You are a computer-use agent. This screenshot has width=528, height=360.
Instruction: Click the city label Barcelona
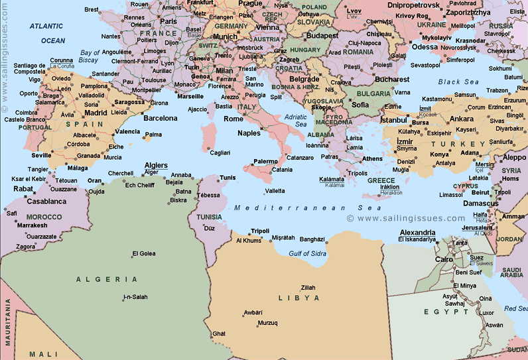[x=161, y=118]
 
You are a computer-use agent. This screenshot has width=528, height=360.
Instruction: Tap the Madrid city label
[x=96, y=113]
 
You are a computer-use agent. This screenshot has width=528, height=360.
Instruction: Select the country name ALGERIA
[x=107, y=280]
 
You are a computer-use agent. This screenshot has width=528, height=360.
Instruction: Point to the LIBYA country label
[x=298, y=298]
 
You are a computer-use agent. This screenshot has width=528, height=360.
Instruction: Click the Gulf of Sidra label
[x=307, y=253]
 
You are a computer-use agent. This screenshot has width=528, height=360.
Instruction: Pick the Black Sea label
[x=458, y=82]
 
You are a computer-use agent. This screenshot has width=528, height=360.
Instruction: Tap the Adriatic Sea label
[x=296, y=121]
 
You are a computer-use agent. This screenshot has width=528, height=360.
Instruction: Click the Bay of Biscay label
[x=89, y=56]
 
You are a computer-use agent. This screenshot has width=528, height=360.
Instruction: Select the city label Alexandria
[x=417, y=233]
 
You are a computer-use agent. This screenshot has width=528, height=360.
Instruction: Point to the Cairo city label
[x=444, y=259]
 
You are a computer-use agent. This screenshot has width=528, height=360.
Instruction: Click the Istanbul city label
[x=393, y=120]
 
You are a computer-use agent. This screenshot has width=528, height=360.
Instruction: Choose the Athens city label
[x=373, y=158]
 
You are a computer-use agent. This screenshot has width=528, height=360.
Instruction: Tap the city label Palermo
[x=265, y=161]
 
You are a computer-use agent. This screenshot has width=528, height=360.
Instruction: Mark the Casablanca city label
[x=46, y=201]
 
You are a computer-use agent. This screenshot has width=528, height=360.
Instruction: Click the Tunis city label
[x=228, y=178]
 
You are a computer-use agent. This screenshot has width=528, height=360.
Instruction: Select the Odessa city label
[x=425, y=47]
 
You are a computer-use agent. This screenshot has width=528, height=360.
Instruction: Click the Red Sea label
[x=515, y=308]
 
